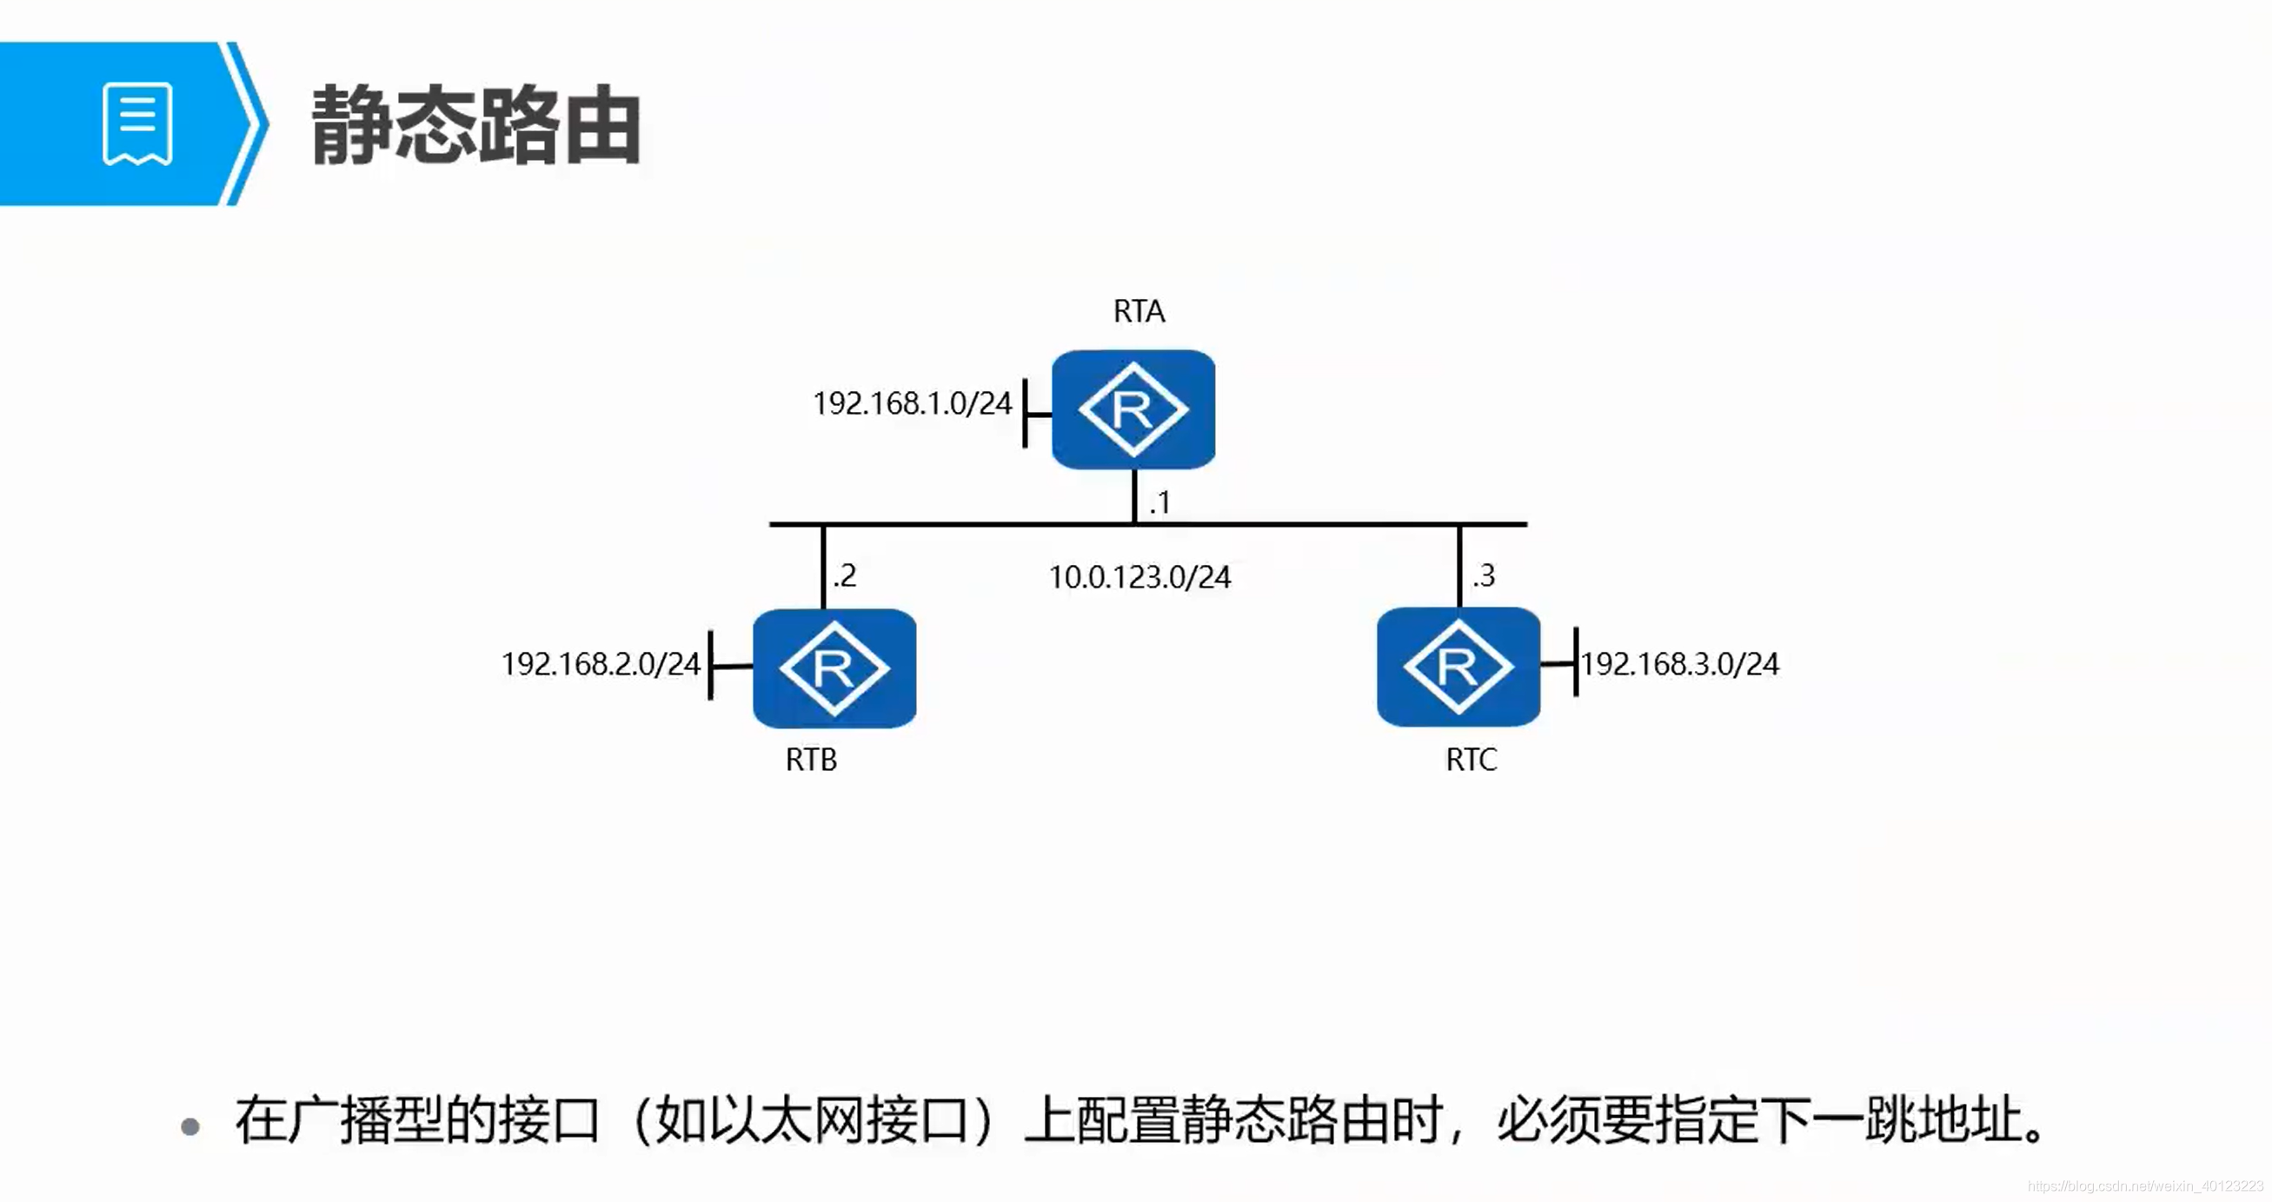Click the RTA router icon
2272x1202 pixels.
point(1133,409)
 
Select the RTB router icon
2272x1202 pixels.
point(834,667)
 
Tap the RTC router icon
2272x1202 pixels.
point(1458,666)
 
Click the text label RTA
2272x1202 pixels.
point(1139,311)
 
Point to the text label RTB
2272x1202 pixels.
point(811,760)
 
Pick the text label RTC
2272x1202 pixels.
point(1471,760)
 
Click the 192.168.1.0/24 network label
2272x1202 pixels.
point(912,404)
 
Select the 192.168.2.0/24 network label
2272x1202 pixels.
point(601,664)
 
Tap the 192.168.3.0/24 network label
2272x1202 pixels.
point(1680,664)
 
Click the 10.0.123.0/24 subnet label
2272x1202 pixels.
point(1139,578)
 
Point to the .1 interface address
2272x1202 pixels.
point(1159,502)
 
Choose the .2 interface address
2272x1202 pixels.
point(844,576)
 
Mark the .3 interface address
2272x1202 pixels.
point(1484,576)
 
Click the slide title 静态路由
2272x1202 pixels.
point(475,126)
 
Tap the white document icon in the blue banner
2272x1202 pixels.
point(137,123)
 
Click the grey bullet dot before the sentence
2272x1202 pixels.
point(189,1126)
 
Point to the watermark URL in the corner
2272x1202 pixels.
point(2145,1186)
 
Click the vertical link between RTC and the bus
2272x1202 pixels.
point(1459,566)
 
